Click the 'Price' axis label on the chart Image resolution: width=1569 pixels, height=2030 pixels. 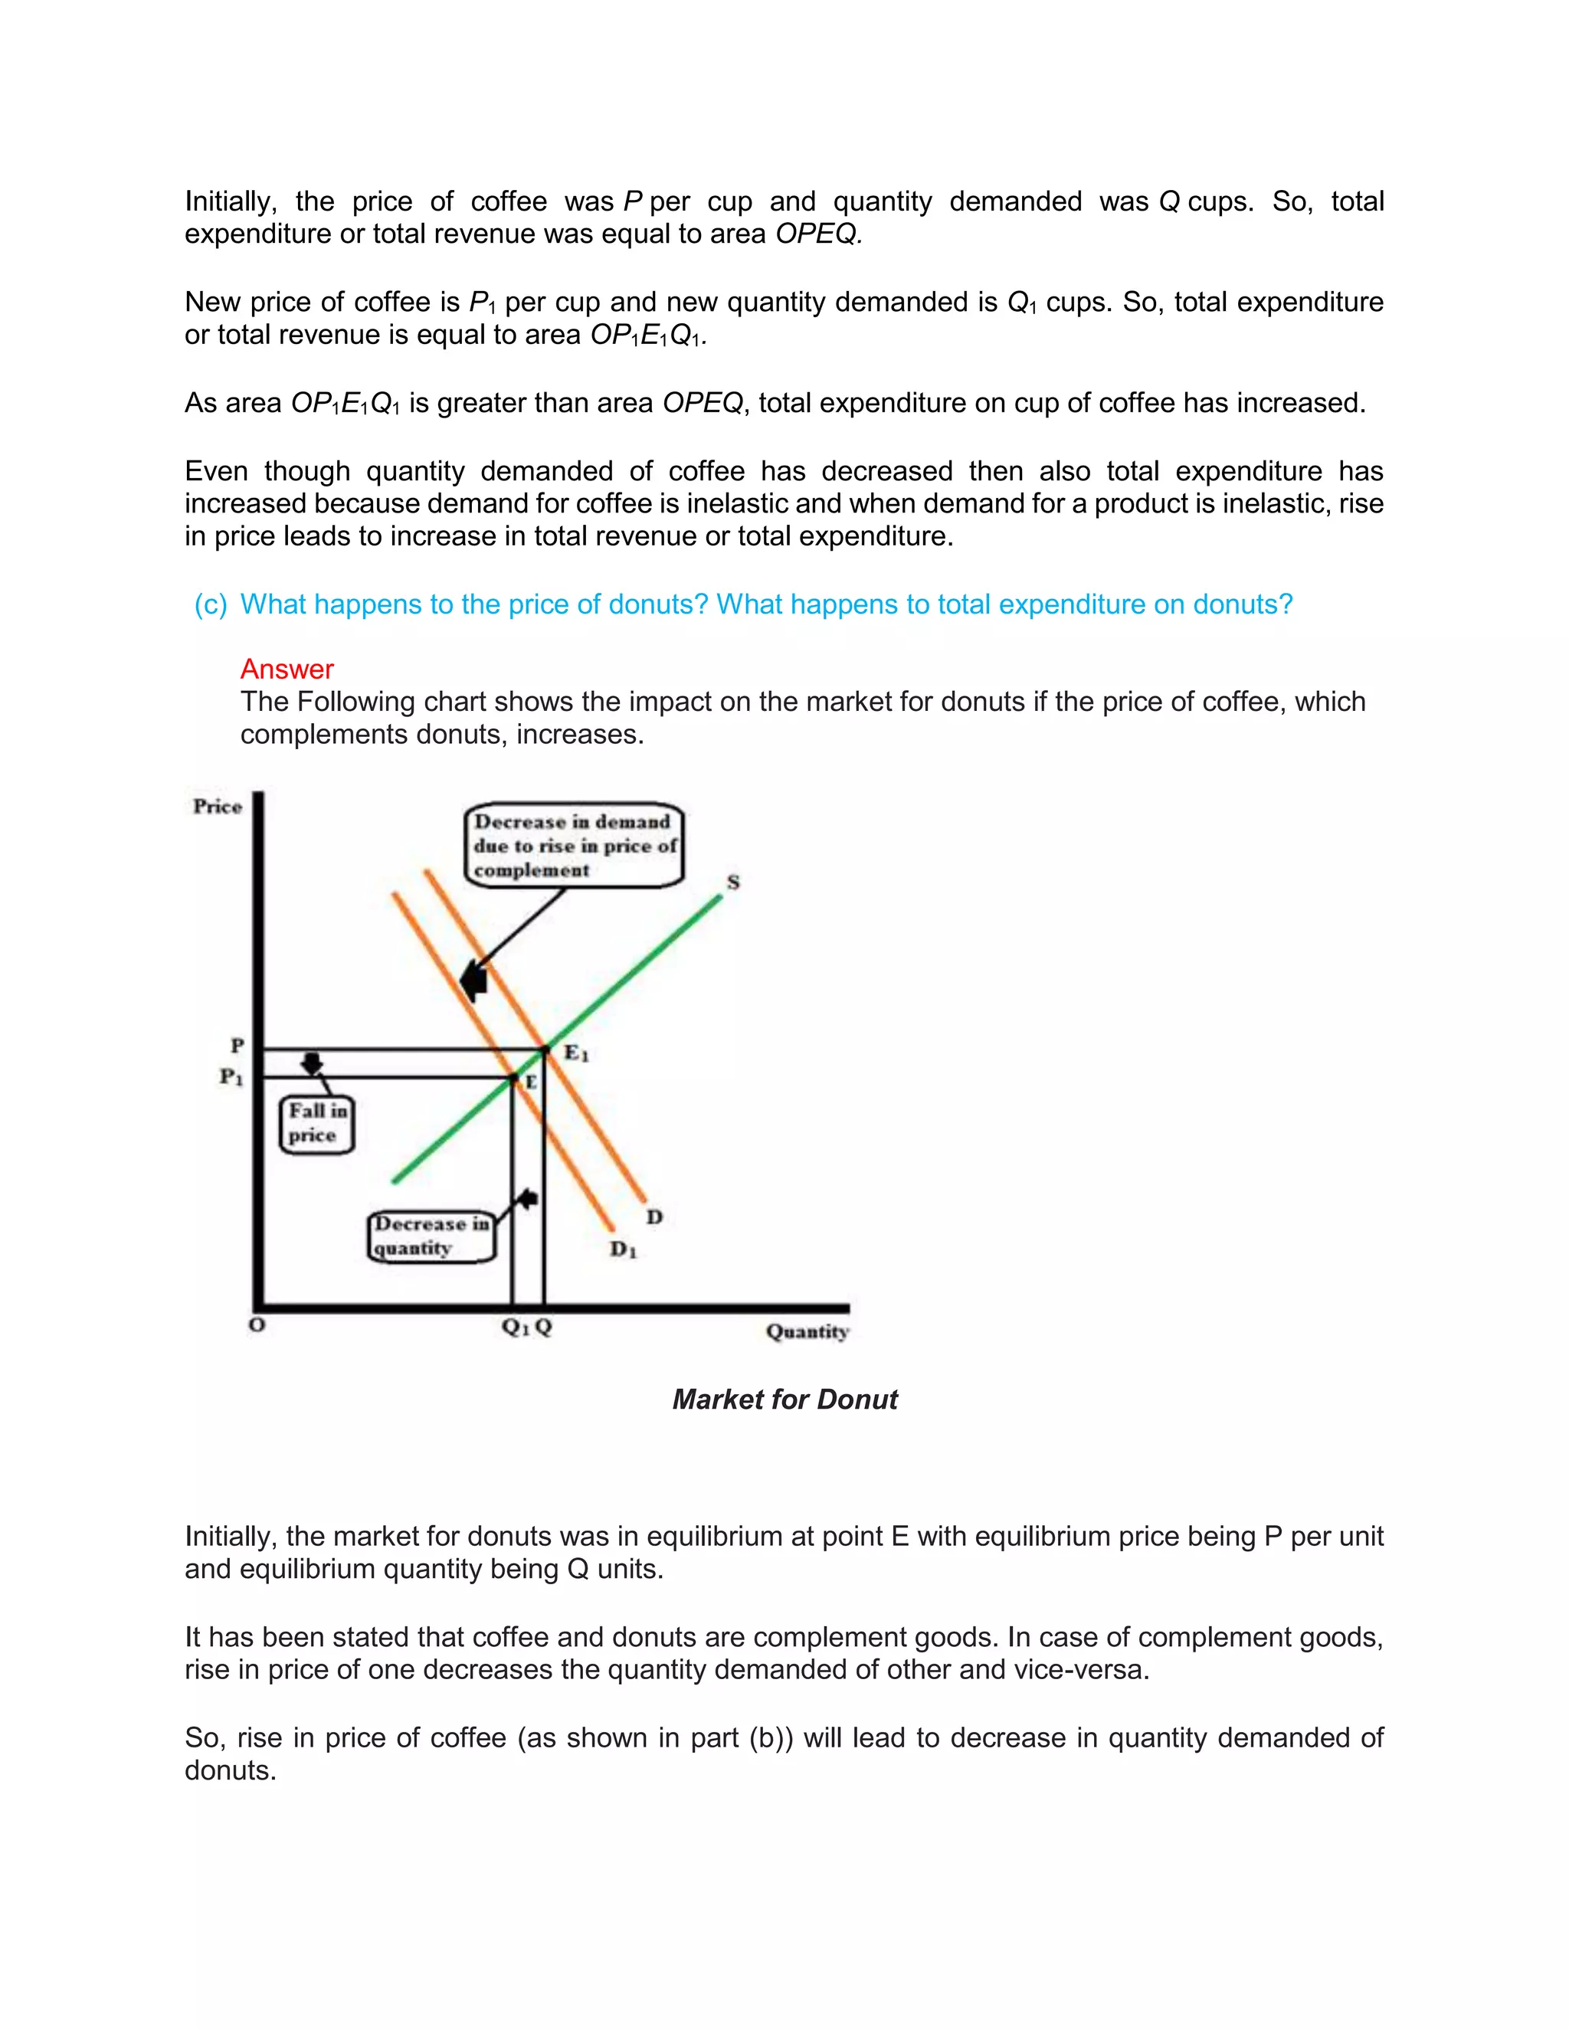(x=217, y=807)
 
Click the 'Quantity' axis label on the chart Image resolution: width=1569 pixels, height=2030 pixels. (x=807, y=1331)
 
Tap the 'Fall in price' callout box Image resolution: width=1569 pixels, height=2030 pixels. (x=316, y=1124)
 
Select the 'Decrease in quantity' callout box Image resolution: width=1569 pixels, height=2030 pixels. (x=431, y=1236)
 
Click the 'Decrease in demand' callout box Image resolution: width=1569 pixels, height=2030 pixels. (x=574, y=846)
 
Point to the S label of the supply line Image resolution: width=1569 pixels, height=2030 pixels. (x=732, y=882)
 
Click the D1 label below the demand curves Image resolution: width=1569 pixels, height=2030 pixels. (x=623, y=1250)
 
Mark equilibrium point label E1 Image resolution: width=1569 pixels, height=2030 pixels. (x=576, y=1053)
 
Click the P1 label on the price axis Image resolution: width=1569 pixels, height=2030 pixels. (x=231, y=1077)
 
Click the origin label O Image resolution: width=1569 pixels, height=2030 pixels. (x=257, y=1325)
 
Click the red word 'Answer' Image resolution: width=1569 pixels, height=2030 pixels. (x=287, y=670)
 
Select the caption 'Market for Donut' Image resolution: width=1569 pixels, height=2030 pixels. (x=784, y=1400)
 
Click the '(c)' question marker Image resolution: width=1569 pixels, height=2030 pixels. (x=210, y=604)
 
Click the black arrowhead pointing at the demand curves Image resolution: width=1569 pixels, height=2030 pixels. (x=474, y=981)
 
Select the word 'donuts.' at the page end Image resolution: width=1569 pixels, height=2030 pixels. (x=231, y=1770)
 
